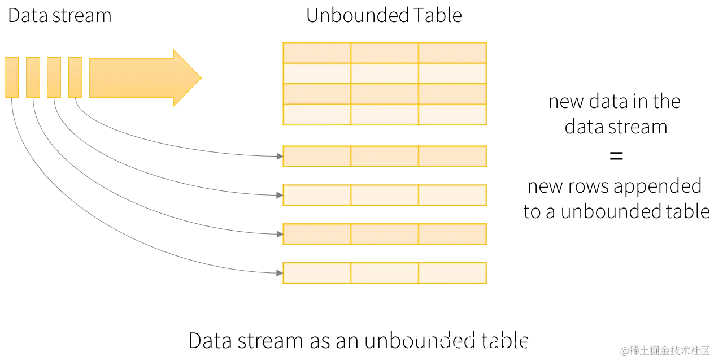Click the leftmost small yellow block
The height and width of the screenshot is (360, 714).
pyautogui.click(x=11, y=77)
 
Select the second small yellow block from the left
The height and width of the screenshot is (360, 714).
pyautogui.click(x=33, y=77)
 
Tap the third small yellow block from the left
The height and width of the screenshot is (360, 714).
pyautogui.click(x=54, y=77)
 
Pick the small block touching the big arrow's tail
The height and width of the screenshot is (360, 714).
pyautogui.click(x=75, y=77)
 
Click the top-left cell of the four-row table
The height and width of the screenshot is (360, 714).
pyautogui.click(x=316, y=52)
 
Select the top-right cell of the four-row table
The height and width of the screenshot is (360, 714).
pyautogui.click(x=452, y=52)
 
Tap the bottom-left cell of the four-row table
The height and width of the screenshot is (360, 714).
pyautogui.click(x=316, y=115)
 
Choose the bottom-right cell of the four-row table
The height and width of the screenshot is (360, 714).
pyautogui.click(x=452, y=115)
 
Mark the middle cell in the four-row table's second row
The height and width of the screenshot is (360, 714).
pyautogui.click(x=385, y=73)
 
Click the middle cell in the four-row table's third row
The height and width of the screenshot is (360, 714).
pyautogui.click(x=385, y=94)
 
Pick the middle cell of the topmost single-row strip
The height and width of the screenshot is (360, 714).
pyautogui.click(x=385, y=156)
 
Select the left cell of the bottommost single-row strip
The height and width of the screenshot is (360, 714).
pyautogui.click(x=316, y=274)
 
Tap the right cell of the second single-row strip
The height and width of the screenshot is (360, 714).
pyautogui.click(x=452, y=196)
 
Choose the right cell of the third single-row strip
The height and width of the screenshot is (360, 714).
pyautogui.click(x=452, y=234)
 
